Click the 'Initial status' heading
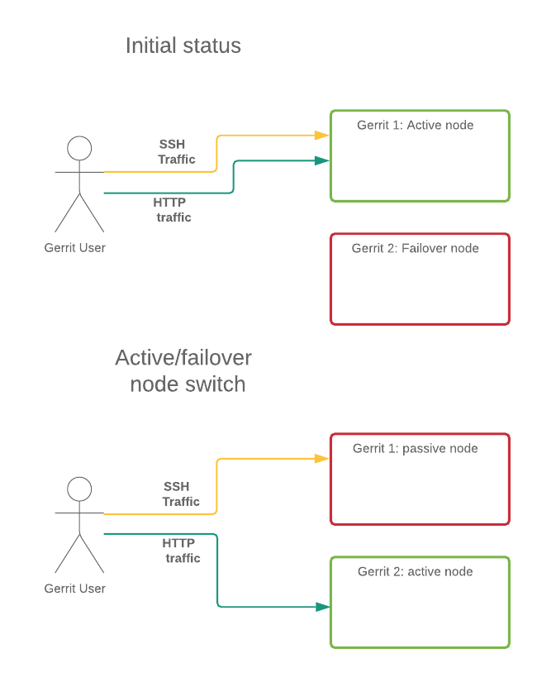(183, 45)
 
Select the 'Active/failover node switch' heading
(183, 371)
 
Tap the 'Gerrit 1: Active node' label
(415, 126)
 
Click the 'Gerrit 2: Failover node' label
(415, 248)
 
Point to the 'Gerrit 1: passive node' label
(415, 449)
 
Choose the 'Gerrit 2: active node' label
(415, 572)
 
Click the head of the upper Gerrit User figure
(79, 149)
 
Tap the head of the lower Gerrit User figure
(79, 489)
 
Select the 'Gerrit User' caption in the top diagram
(75, 247)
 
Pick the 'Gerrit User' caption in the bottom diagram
(75, 589)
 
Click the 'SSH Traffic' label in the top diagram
(175, 151)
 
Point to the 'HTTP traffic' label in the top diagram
(172, 210)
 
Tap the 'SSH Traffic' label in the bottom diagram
(179, 494)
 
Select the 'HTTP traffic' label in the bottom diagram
(180, 551)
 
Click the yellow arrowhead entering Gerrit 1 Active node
(322, 135)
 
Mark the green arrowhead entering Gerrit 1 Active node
(322, 160)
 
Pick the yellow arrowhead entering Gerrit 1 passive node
(322, 458)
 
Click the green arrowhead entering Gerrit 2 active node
(322, 607)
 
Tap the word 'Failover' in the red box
(421, 248)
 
